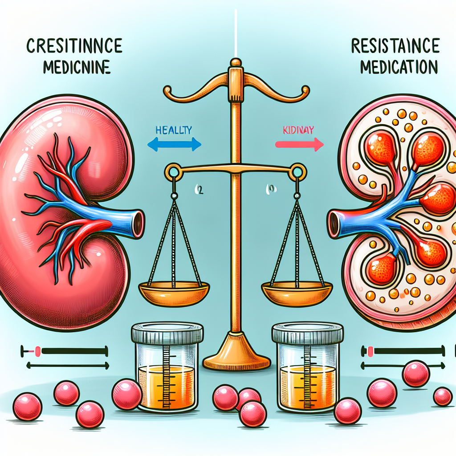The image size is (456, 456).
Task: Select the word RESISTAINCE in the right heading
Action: (x=395, y=47)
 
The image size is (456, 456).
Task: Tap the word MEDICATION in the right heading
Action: (x=398, y=68)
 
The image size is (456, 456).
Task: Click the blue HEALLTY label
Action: (x=174, y=130)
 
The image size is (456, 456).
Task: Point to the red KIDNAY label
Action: (x=299, y=130)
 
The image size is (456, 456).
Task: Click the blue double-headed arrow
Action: (x=174, y=144)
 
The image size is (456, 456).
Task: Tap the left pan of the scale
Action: (x=174, y=292)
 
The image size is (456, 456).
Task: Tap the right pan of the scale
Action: (x=297, y=292)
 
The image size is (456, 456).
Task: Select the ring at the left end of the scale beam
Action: (x=172, y=171)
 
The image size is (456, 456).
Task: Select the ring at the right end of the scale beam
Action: (x=297, y=171)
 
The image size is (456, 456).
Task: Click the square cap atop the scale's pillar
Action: (x=235, y=74)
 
